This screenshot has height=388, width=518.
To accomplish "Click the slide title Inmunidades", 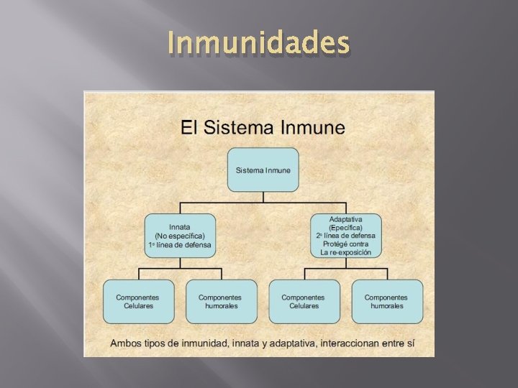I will tap(258, 44).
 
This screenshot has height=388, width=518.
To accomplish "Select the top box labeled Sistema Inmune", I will tap(263, 170).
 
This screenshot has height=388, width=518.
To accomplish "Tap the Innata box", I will tap(180, 235).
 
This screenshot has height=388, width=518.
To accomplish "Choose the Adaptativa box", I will tap(345, 235).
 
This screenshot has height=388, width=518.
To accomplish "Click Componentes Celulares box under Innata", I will tap(138, 301).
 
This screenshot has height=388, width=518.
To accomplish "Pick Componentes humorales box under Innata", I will tap(221, 301).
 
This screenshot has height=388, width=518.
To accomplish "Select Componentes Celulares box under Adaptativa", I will tap(304, 301).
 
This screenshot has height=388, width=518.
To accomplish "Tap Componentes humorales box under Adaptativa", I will tap(387, 301).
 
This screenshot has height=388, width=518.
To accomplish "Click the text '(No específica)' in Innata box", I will tap(180, 236).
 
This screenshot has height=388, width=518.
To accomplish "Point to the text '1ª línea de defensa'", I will tap(180, 245).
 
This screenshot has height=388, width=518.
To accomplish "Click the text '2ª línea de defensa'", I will tap(345, 236).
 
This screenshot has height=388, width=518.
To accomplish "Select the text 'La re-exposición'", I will tap(345, 253).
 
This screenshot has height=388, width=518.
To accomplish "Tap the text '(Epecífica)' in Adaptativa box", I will tap(345, 227).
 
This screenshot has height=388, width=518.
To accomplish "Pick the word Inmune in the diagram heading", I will tap(311, 128).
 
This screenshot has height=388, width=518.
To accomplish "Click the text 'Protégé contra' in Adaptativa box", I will tap(345, 244).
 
